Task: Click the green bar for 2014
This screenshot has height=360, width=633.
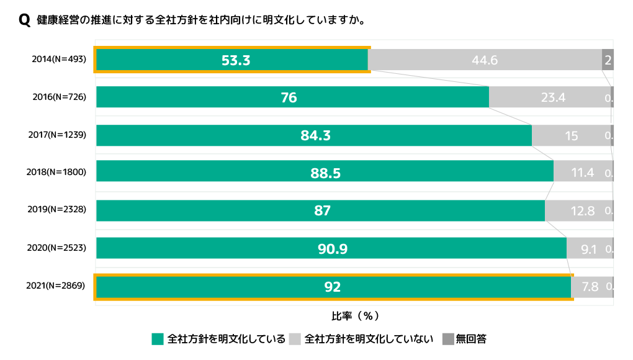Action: pyautogui.click(x=231, y=60)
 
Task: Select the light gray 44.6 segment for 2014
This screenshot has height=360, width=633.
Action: pyautogui.click(x=485, y=60)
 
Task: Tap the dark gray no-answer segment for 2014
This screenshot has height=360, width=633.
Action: pyautogui.click(x=608, y=60)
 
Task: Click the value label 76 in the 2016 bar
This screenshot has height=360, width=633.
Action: pyautogui.click(x=289, y=97)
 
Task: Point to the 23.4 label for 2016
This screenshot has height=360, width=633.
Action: pyautogui.click(x=553, y=97)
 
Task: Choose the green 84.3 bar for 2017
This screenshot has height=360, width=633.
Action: pyautogui.click(x=313, y=135)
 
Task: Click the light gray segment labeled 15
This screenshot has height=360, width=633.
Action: pyautogui.click(x=571, y=135)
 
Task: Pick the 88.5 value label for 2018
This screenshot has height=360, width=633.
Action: pyautogui.click(x=326, y=173)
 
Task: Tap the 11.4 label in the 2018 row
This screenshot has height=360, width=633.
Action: pyautogui.click(x=583, y=173)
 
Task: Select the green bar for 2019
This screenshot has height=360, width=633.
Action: pyautogui.click(x=320, y=211)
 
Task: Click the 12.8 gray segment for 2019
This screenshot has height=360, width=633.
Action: pyautogui.click(x=578, y=211)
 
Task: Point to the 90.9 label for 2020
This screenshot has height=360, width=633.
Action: pyautogui.click(x=333, y=249)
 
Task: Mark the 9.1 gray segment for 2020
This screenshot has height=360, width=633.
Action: pyautogui.click(x=589, y=249)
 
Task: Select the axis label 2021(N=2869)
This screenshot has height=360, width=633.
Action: pyautogui.click(x=56, y=286)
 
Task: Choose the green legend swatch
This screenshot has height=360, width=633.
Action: pyautogui.click(x=158, y=339)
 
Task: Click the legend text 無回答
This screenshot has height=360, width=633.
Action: pyautogui.click(x=471, y=339)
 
